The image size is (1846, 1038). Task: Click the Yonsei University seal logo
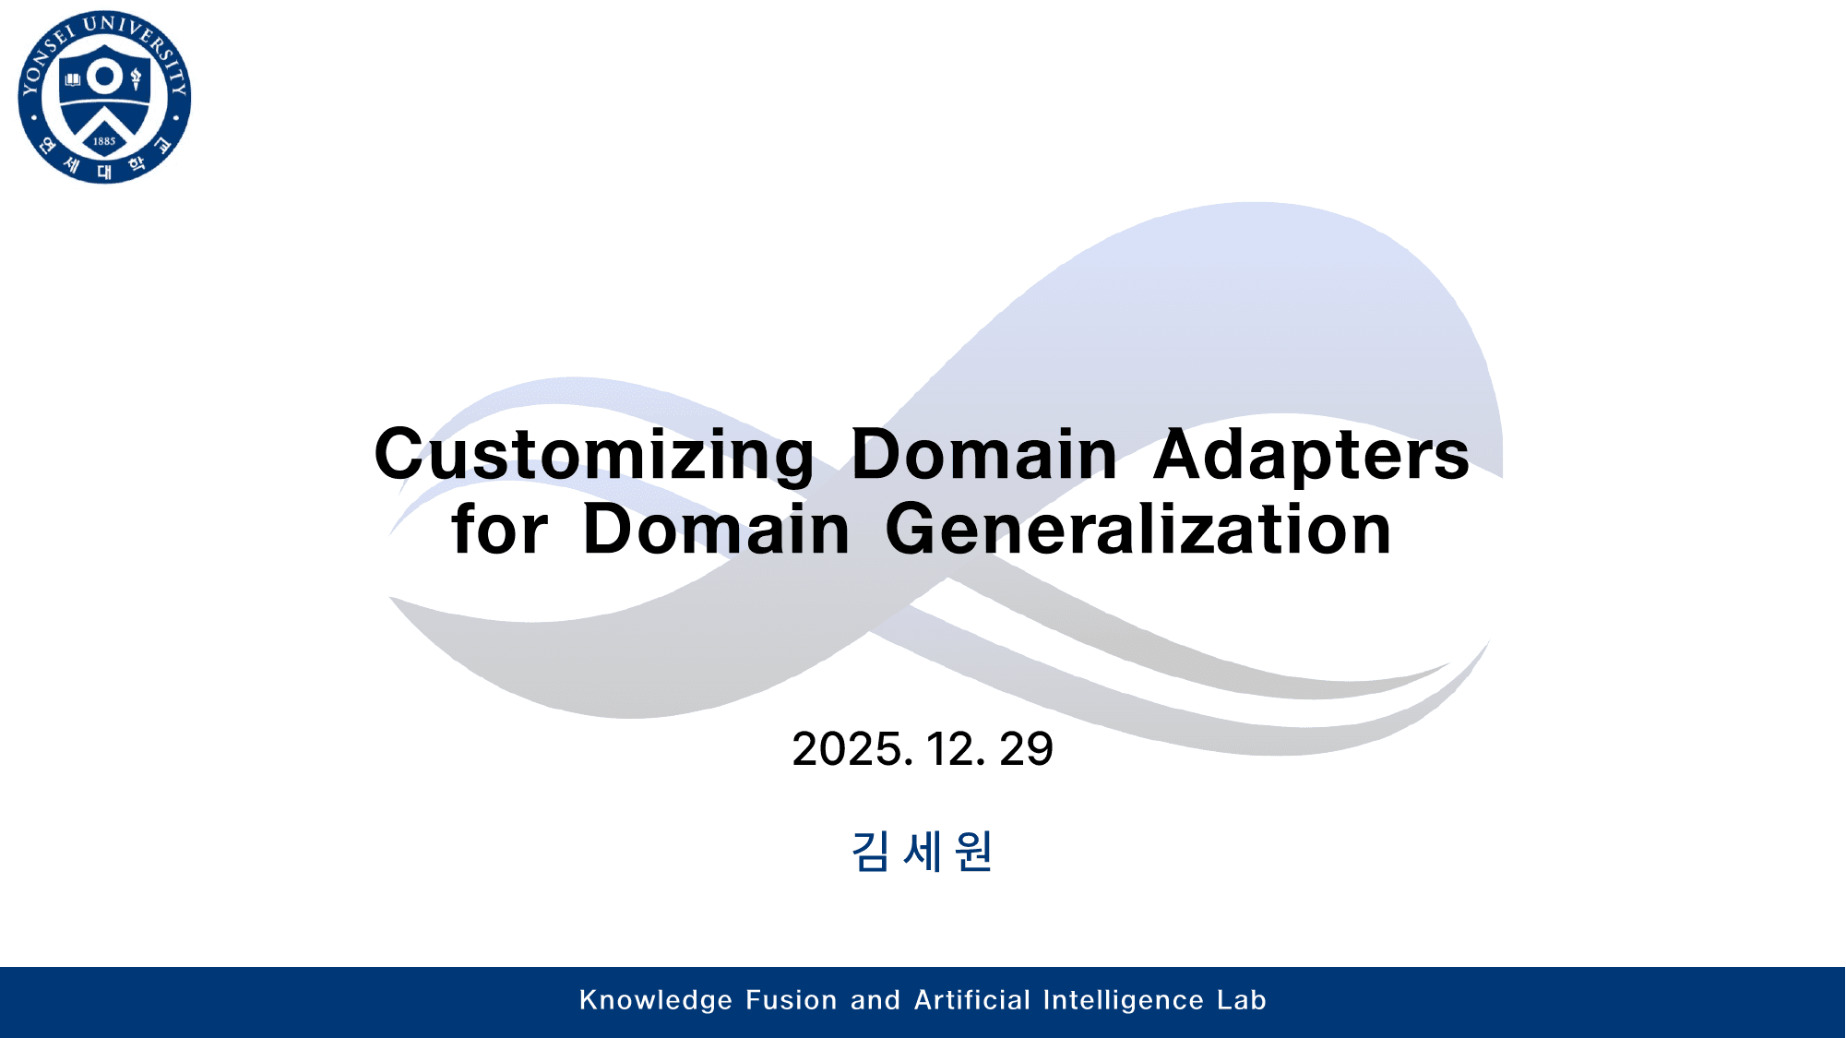[104, 97]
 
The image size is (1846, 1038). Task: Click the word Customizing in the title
[594, 455]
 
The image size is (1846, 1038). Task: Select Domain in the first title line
[983, 455]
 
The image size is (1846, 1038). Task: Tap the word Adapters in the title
[1311, 455]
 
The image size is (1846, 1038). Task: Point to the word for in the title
[499, 531]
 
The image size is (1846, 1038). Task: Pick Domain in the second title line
[716, 531]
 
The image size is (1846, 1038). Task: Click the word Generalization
[1138, 531]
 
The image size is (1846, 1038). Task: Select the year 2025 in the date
[852, 749]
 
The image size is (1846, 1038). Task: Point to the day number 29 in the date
[1026, 749]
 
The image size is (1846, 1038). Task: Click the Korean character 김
[870, 851]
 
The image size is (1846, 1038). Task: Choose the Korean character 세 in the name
[923, 851]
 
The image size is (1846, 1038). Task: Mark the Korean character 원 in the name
[974, 851]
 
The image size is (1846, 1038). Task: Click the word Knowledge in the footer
[656, 1000]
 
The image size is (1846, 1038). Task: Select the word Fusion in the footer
[792, 1000]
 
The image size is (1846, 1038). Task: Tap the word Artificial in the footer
[972, 1000]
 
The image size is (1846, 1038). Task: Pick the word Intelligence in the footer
[1124, 1000]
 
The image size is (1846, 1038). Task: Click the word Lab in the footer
[1242, 1000]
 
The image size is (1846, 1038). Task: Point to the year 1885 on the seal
[104, 141]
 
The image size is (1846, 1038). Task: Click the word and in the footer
[875, 1000]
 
